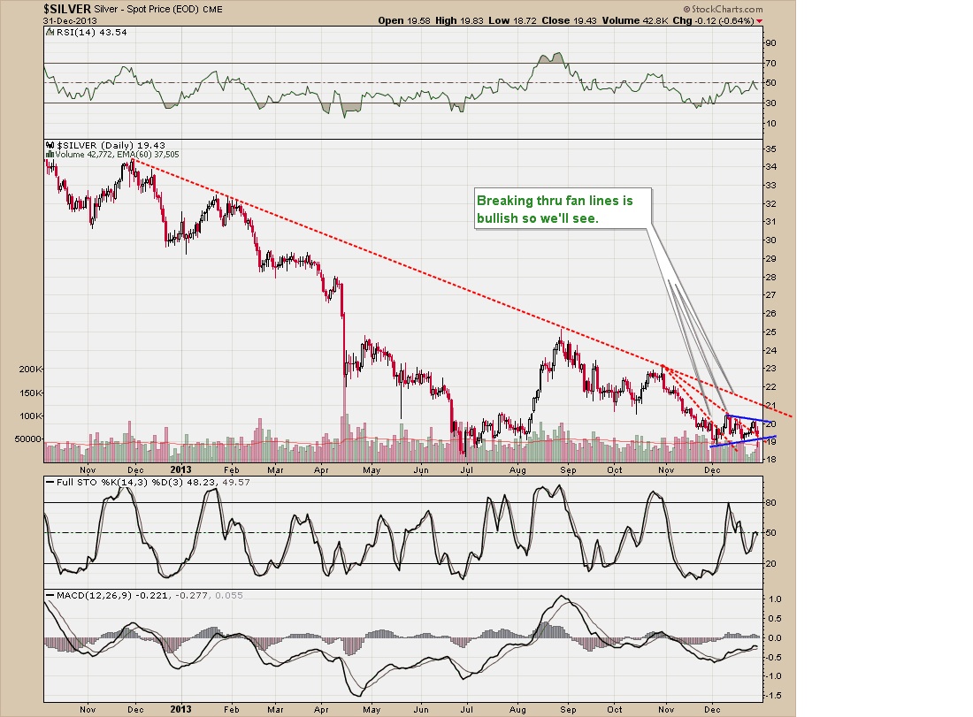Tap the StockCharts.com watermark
(x=721, y=9)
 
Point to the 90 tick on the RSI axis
(x=770, y=42)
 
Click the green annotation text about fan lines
(x=563, y=209)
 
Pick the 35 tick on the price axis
(x=770, y=149)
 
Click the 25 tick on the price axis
(x=770, y=332)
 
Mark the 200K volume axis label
(x=30, y=369)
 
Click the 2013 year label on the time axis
(x=181, y=469)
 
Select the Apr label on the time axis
(x=322, y=469)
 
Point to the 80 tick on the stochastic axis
(x=770, y=502)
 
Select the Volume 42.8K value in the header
(x=637, y=19)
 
